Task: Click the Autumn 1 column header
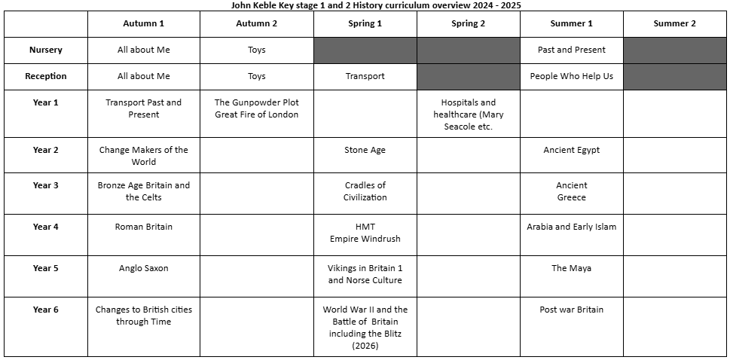click(143, 23)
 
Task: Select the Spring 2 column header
click(469, 23)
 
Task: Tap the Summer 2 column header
click(675, 23)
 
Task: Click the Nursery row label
click(45, 50)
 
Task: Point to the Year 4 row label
click(45, 227)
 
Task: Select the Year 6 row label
click(45, 310)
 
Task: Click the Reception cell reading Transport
click(365, 76)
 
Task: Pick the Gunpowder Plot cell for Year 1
click(256, 108)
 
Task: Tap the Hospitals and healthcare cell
click(469, 114)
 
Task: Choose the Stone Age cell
click(365, 150)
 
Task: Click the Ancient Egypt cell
click(571, 150)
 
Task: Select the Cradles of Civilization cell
click(365, 191)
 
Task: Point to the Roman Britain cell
click(143, 227)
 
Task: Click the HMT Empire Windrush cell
click(365, 233)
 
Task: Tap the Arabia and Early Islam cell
click(571, 227)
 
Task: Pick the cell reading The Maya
click(571, 268)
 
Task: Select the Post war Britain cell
click(571, 310)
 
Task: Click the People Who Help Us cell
click(571, 76)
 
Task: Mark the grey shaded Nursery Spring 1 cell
click(365, 50)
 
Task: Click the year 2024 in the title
click(478, 5)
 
